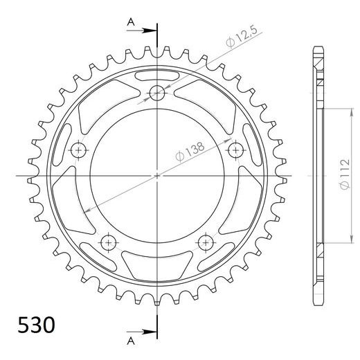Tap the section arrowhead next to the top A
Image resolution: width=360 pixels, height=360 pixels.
[152, 31]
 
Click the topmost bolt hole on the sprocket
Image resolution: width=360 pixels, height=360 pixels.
[157, 93]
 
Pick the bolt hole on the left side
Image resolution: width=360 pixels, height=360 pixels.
[79, 150]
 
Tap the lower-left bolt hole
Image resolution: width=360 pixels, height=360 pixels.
[109, 242]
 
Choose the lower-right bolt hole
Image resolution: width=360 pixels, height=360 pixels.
[206, 242]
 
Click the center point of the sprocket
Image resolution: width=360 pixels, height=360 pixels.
[157, 175]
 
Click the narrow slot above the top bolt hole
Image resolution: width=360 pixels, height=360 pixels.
[157, 74]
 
